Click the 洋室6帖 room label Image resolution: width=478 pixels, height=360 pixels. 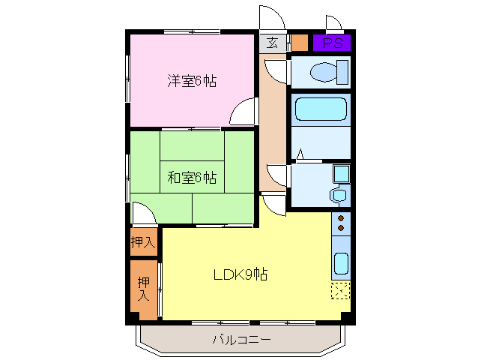coord(191,81)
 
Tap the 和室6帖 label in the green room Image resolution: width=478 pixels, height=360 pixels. coord(191,178)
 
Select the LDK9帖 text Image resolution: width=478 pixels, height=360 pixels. coord(238,274)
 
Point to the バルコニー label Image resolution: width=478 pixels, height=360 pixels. coord(240,340)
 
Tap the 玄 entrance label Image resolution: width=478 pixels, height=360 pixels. coord(272,43)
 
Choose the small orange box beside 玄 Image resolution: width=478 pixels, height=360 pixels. coord(298,43)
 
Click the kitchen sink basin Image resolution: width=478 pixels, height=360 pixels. coord(341,264)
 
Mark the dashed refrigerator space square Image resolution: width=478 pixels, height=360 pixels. coord(341,291)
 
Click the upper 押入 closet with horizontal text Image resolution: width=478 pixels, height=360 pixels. coord(142,242)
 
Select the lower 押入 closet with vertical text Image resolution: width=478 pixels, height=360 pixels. coord(142,289)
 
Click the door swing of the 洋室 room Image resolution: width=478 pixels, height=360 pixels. coord(245,112)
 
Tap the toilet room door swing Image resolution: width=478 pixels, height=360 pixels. coord(276,72)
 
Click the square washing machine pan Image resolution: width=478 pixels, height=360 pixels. coord(341,174)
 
